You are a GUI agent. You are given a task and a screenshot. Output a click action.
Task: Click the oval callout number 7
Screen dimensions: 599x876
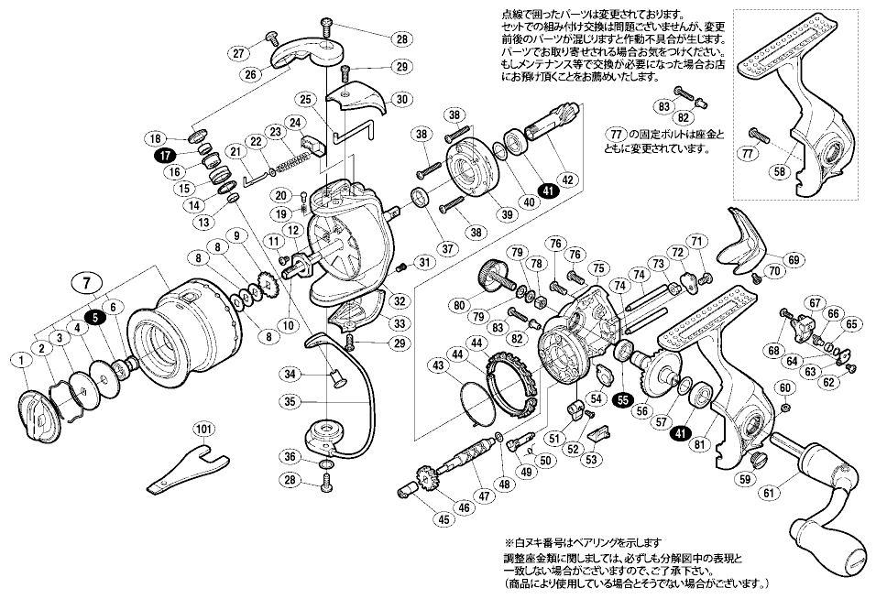(x=85, y=282)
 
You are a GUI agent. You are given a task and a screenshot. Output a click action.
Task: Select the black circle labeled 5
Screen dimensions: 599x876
(x=94, y=317)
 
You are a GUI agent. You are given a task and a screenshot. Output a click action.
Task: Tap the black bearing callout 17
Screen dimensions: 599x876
(x=165, y=155)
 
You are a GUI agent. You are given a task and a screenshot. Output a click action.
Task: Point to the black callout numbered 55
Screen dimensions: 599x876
(x=623, y=399)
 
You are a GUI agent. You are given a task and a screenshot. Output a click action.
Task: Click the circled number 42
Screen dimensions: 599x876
(x=570, y=180)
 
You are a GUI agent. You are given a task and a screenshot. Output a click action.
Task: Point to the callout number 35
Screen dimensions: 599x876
(x=290, y=401)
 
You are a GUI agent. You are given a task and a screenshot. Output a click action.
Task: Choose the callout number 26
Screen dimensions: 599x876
(x=247, y=75)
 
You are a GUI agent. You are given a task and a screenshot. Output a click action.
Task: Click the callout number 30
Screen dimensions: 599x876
(x=400, y=99)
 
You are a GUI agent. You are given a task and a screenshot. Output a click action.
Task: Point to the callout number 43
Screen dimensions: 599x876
(x=430, y=365)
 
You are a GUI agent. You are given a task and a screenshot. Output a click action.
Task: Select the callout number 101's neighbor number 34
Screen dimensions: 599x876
(x=290, y=373)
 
